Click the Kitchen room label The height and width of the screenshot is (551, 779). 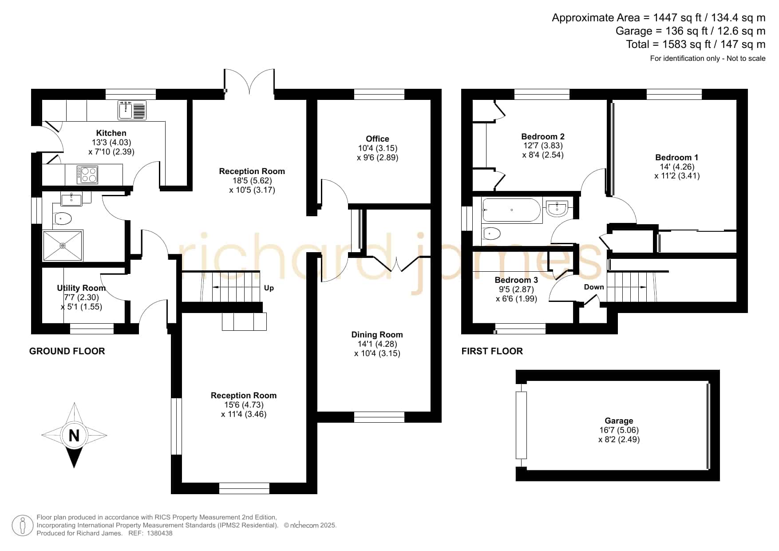[111, 133]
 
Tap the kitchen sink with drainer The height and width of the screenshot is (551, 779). [132, 110]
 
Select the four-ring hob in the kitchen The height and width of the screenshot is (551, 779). [87, 174]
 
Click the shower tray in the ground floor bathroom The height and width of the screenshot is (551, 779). [63, 246]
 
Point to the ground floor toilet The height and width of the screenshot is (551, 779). [63, 218]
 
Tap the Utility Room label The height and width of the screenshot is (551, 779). [81, 288]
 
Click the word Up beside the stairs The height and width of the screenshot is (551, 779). [269, 288]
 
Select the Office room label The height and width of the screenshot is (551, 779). [377, 139]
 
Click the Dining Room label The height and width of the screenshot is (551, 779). [377, 334]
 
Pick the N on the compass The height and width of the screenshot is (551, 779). [74, 436]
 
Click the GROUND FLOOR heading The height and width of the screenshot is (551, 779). [67, 351]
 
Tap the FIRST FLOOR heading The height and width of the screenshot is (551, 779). [492, 351]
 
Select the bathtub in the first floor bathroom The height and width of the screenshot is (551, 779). [512, 210]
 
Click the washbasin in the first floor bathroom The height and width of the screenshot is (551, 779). [557, 208]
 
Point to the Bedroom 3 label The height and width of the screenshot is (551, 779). [516, 280]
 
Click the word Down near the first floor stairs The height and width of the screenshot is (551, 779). [594, 287]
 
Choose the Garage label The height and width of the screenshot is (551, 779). [619, 420]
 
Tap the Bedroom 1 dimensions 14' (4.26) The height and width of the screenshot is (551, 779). [677, 167]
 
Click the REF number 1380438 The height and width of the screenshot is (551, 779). [159, 533]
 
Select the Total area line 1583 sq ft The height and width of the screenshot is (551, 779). [696, 44]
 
